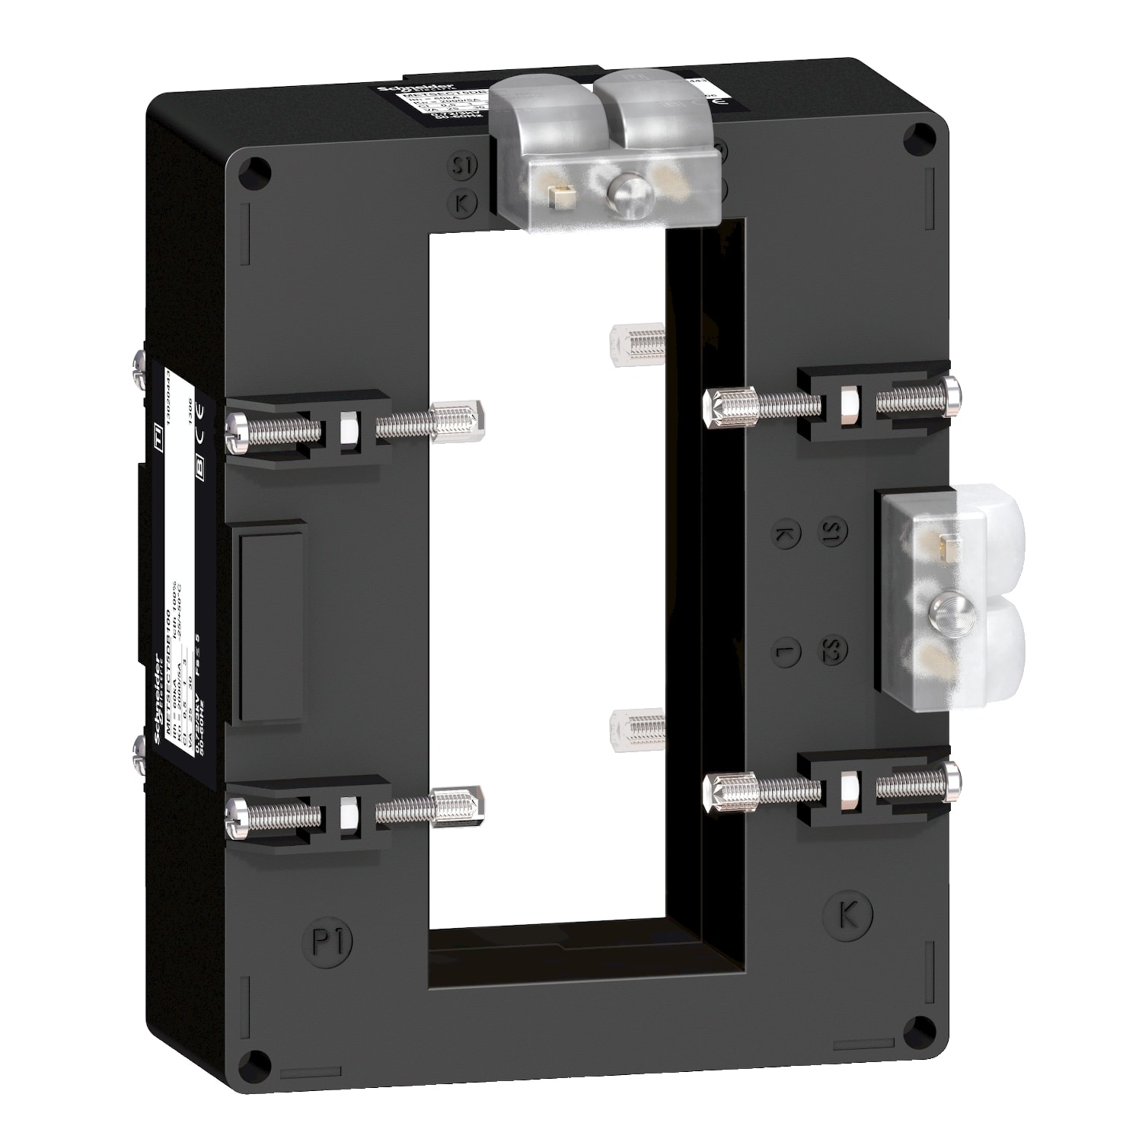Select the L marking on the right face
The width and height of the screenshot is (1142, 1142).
[784, 652]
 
